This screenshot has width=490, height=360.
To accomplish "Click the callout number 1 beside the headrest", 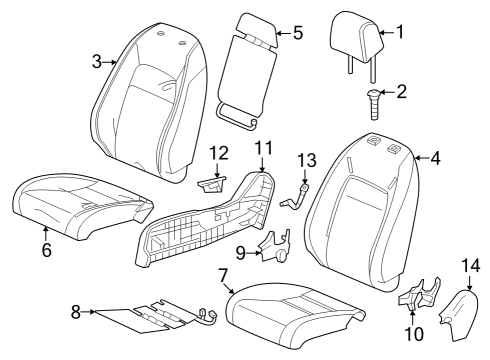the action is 400,32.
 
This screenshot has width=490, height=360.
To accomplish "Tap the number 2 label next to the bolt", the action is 402,91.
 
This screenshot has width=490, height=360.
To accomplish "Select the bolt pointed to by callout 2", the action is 374,104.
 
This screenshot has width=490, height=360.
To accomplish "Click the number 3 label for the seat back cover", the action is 97,62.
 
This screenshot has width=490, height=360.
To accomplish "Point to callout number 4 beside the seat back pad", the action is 435,158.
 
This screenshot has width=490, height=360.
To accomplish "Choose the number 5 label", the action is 298,33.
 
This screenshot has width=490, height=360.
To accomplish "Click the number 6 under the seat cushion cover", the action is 47,250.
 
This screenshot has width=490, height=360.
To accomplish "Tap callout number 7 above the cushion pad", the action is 223,275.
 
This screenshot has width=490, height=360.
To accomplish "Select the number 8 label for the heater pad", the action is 76,312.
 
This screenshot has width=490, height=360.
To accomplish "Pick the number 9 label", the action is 241,253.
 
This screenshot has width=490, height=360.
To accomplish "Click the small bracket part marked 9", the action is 275,245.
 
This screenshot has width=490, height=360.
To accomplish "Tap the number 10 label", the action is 414,334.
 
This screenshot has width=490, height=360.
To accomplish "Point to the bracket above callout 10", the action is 420,293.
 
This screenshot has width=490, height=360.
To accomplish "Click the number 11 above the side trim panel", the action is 263,148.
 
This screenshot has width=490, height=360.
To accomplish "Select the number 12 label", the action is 219,153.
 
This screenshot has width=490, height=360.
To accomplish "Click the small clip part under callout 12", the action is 212,185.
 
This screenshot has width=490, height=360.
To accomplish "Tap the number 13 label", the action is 307,160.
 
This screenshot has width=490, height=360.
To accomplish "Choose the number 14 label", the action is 471,266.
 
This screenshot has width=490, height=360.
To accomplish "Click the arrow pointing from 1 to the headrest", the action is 386,32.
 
